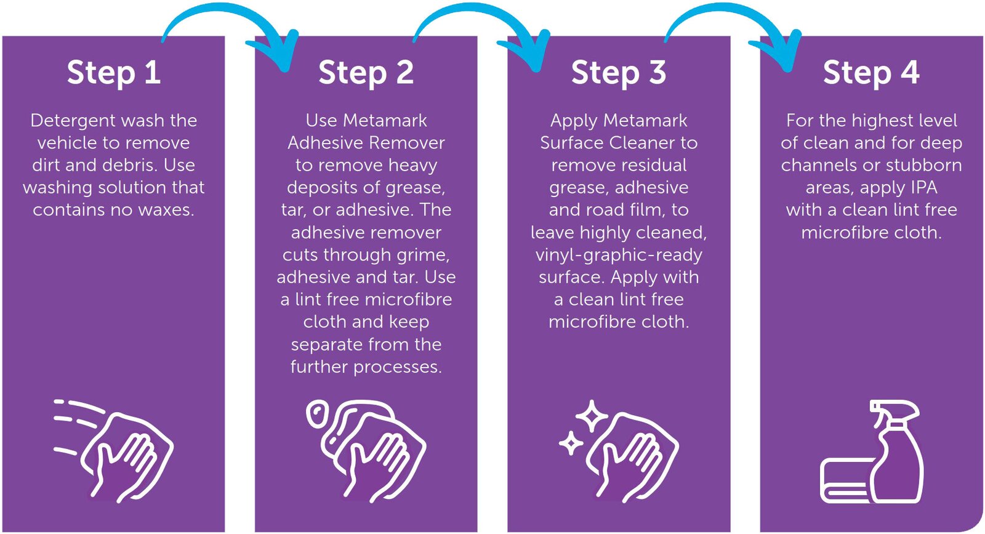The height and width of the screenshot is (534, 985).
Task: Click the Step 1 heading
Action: point(113,73)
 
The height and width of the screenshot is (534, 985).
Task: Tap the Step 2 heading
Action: point(366,73)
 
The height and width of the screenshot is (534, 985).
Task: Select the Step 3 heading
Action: point(618,73)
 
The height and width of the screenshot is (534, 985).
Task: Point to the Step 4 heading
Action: point(871,73)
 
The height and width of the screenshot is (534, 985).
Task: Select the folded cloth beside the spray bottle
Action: point(844,479)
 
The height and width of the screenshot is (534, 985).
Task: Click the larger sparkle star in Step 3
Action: point(592,416)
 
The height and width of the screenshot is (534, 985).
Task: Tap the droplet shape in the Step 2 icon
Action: point(316,414)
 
